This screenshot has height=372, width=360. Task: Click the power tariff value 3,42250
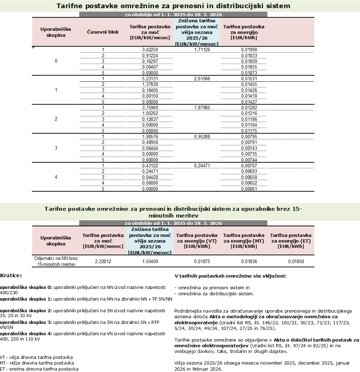(x=150, y=50)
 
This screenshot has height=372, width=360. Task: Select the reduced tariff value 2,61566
(x=202, y=79)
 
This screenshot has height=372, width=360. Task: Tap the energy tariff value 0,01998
(x=249, y=50)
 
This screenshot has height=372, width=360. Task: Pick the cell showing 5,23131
(x=150, y=79)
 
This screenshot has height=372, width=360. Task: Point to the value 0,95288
(x=202, y=136)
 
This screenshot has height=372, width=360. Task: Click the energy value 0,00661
(x=249, y=189)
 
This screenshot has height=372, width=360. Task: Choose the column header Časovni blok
(x=103, y=32)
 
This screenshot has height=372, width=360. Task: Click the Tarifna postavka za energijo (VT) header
(x=197, y=240)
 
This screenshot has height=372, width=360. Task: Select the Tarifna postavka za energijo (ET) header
(x=291, y=240)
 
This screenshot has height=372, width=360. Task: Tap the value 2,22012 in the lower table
(x=103, y=261)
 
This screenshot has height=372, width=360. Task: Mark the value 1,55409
(x=150, y=261)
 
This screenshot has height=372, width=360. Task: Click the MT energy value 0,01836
(x=249, y=261)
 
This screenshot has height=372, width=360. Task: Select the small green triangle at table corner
(x=33, y=47)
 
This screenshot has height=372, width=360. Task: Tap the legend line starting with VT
(x=36, y=358)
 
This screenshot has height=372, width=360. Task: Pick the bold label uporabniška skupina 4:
(x=26, y=333)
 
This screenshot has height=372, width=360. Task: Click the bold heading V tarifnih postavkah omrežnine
(x=230, y=275)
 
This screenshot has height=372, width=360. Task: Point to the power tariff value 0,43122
(x=150, y=165)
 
